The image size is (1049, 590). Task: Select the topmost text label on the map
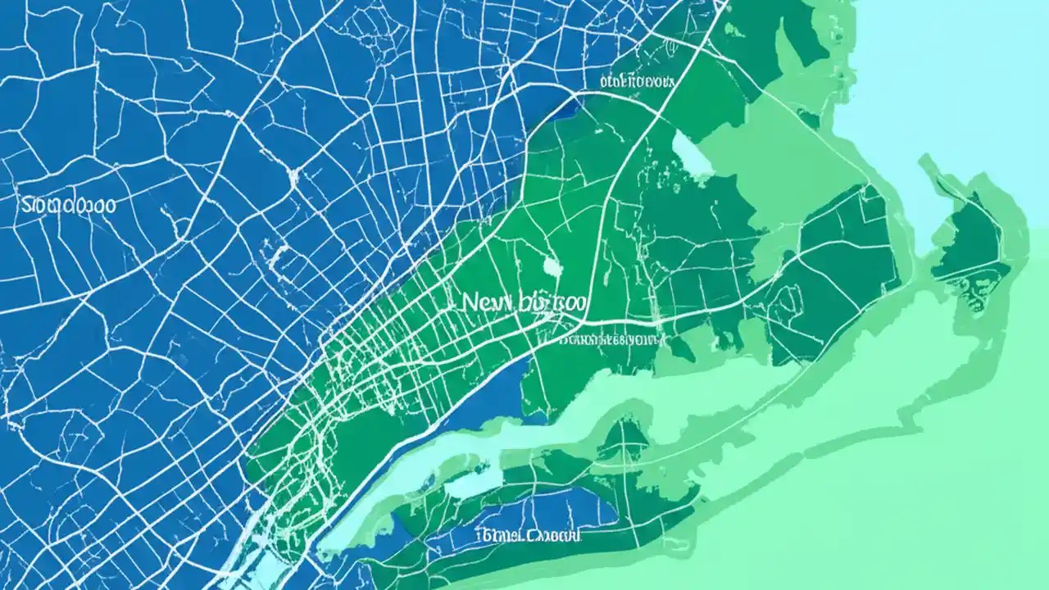click(x=636, y=81)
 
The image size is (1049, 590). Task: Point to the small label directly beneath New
click(x=611, y=338)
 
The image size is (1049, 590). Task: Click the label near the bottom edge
click(x=529, y=536)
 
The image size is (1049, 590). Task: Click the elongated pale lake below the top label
click(x=691, y=156)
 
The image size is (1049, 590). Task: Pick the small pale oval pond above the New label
click(x=551, y=265)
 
